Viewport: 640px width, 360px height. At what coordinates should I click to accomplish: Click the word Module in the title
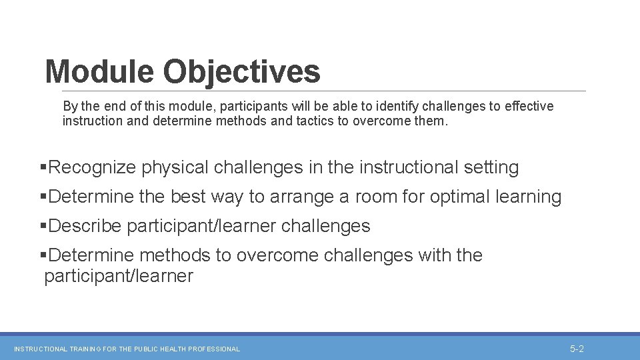pos(99,71)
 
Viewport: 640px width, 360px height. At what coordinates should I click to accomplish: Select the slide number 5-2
pos(577,349)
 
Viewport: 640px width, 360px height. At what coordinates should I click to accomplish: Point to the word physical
pos(175,167)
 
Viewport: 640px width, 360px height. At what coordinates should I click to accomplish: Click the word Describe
pos(85,226)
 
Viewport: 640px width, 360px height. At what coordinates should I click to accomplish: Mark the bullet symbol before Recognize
pos(44,167)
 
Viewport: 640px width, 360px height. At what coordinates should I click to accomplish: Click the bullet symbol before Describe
pos(44,226)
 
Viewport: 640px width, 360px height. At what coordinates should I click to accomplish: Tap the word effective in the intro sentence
pos(529,107)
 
